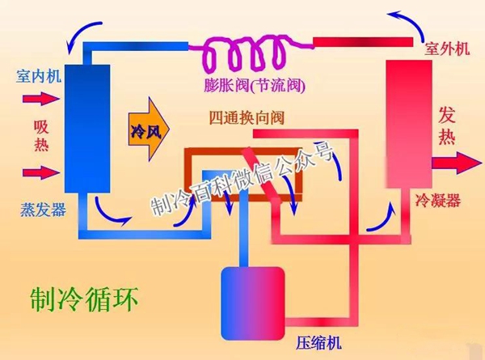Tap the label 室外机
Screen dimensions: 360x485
pyautogui.click(x=446, y=49)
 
